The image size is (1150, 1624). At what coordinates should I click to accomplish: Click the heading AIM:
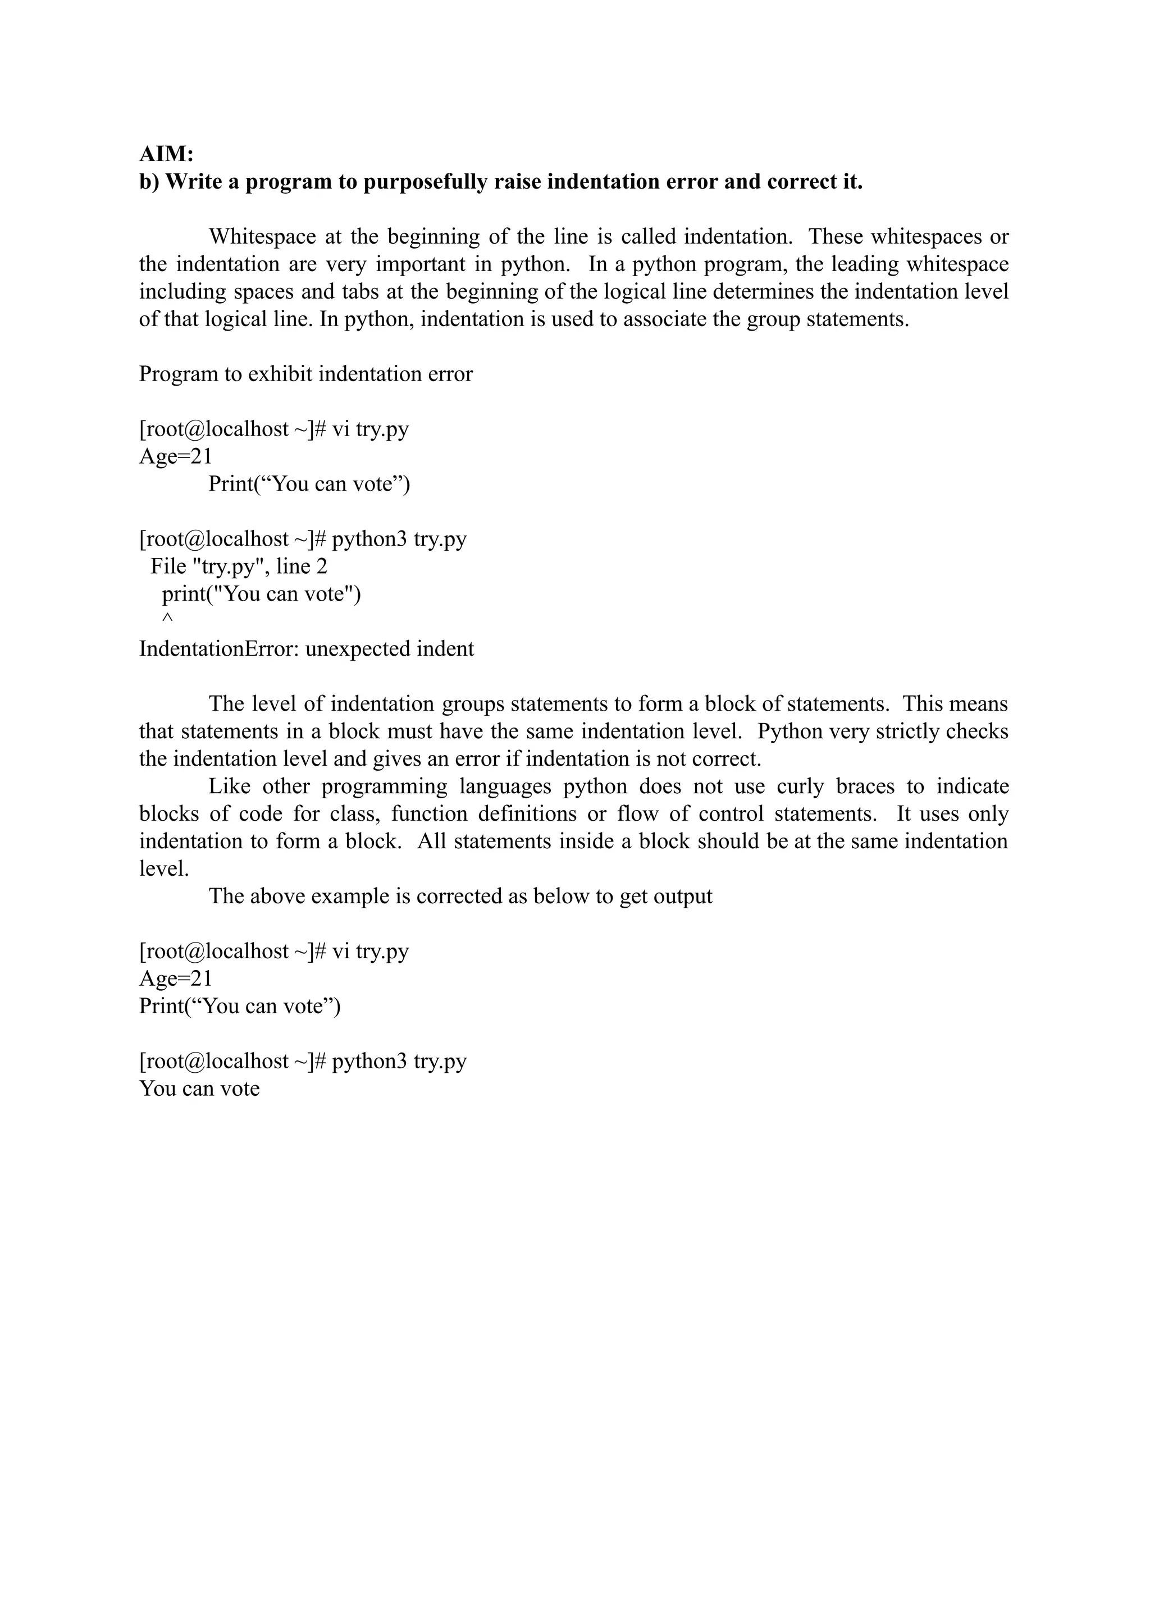(166, 154)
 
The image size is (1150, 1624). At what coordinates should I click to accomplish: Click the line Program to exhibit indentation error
(305, 374)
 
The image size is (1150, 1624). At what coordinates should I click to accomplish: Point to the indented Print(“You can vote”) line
(309, 484)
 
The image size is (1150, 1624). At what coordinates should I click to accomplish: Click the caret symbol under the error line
(167, 619)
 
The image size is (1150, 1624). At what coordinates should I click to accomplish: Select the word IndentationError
(218, 649)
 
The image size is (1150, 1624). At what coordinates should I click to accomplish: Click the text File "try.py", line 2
(239, 566)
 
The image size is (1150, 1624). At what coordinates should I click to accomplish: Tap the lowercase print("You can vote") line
(261, 594)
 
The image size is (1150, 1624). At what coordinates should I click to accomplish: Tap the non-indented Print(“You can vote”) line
(239, 1006)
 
